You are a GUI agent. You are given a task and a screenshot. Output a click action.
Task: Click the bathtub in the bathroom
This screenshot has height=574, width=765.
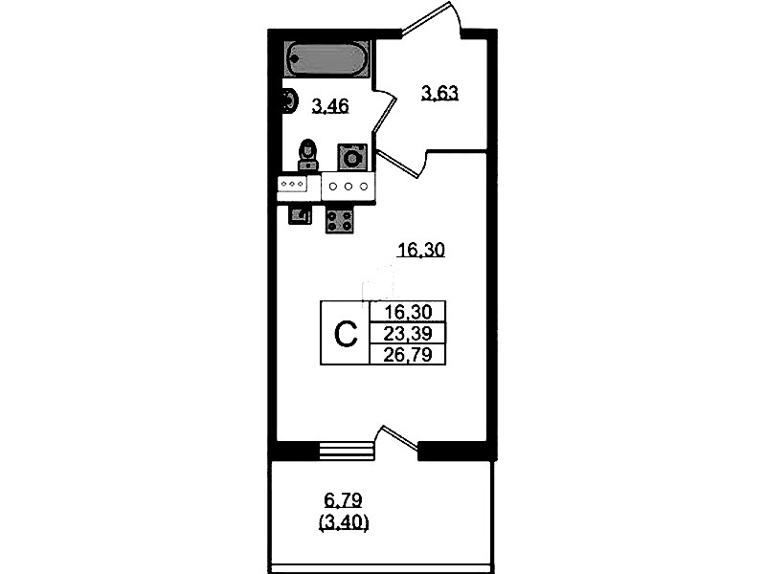coord(326,59)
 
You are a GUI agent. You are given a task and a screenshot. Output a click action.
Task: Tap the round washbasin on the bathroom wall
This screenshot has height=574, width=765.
coord(290,102)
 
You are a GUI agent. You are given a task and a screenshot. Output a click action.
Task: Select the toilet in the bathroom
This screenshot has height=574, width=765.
coord(307,155)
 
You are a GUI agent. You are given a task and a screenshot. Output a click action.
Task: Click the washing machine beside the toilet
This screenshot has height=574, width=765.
coord(351,157)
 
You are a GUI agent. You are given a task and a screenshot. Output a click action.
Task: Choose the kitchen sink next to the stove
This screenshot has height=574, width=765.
coord(300,214)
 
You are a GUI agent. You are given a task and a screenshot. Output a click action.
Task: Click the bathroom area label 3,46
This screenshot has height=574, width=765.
coord(330,105)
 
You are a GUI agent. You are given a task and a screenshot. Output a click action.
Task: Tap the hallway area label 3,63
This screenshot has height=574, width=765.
coord(439,92)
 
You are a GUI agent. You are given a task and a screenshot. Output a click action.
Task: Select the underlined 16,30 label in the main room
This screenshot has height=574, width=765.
coord(421,251)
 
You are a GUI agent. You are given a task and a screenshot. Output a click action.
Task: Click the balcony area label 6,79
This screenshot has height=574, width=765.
coord(343,500)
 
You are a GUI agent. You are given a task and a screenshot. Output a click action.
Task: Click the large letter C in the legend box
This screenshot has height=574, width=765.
coord(346,334)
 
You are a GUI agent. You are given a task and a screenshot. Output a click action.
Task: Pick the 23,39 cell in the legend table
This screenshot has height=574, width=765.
coord(408,334)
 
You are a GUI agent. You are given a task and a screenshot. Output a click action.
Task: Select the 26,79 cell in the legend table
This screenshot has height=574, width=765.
coord(408,355)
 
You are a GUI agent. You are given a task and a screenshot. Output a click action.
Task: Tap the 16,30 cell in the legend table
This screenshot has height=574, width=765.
coord(408,312)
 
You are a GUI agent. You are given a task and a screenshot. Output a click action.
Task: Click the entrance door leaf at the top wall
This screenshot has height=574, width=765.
coord(425,17)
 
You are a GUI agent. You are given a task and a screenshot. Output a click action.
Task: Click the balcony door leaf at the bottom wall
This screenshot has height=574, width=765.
coord(400,437)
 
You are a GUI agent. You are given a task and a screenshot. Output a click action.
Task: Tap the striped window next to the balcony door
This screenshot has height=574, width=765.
coord(345,451)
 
